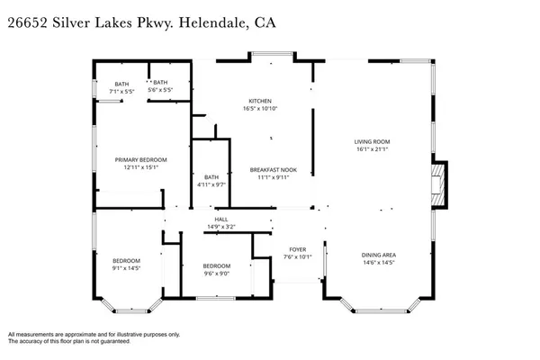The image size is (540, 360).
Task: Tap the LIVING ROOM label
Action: point(371,141)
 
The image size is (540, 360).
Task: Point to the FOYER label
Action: point(298,248)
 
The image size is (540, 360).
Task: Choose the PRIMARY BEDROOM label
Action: point(141,159)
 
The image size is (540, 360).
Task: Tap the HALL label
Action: point(220,219)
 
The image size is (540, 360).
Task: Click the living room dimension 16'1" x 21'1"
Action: point(371,149)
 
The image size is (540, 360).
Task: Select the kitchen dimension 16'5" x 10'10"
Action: point(260,109)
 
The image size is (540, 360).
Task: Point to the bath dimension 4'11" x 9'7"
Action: point(211,184)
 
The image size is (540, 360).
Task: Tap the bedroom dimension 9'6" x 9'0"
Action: point(216,274)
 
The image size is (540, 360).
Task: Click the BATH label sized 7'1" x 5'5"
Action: point(121,84)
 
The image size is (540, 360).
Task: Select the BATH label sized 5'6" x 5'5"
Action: point(160,84)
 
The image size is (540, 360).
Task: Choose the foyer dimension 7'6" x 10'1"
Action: point(298,256)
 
